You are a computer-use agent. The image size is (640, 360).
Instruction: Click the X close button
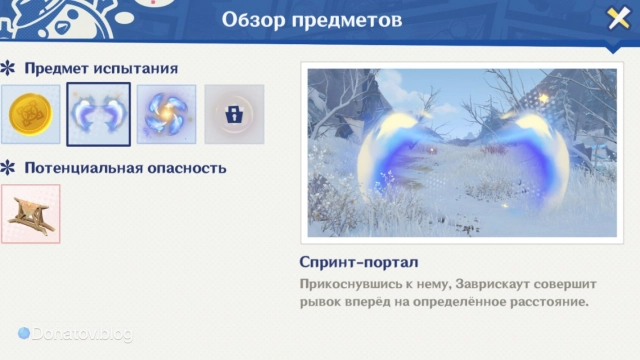click(x=617, y=19)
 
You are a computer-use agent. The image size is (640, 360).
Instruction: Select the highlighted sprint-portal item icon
click(x=98, y=114)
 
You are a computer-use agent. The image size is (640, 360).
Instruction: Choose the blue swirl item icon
click(x=165, y=114)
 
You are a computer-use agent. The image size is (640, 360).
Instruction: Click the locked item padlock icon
click(x=234, y=114)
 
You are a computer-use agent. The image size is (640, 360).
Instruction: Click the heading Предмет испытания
click(x=101, y=69)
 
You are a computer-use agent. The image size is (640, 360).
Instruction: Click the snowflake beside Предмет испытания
click(x=8, y=69)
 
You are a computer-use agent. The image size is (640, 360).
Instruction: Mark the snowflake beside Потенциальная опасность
click(x=8, y=167)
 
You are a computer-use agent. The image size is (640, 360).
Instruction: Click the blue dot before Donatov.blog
click(x=24, y=333)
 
